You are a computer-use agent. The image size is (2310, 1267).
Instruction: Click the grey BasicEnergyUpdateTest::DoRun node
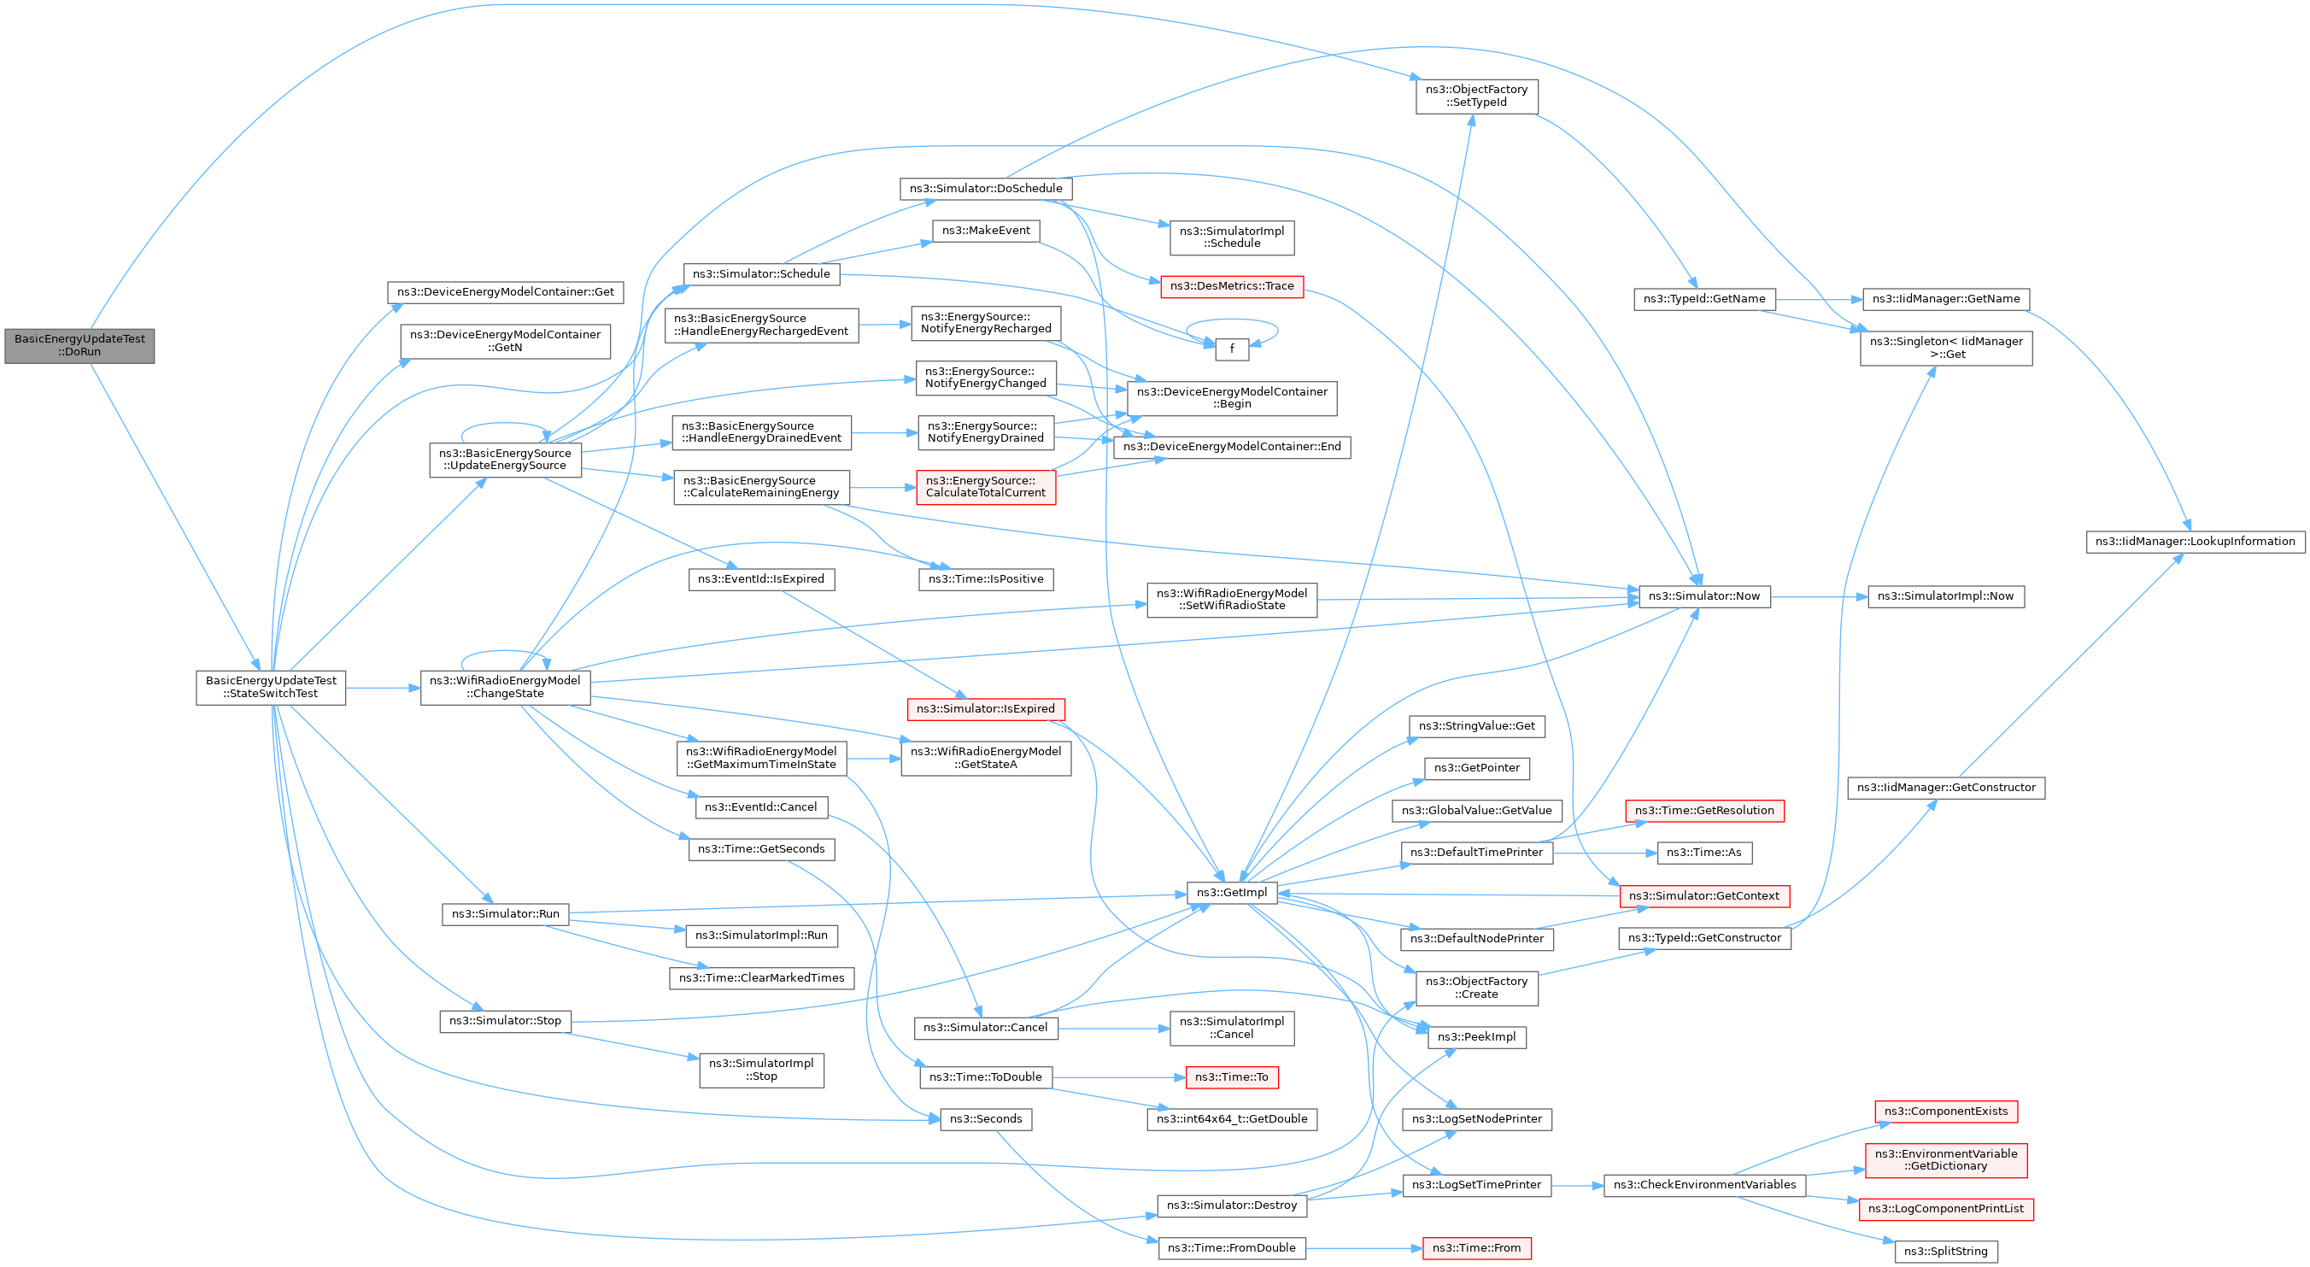coord(79,345)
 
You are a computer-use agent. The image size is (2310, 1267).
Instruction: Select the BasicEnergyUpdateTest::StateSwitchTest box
coord(271,688)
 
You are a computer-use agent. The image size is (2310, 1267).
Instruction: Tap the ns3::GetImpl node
coord(1231,892)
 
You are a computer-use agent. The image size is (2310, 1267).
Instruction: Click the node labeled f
coord(1231,349)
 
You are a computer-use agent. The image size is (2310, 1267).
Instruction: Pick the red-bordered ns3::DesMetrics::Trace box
coord(1231,286)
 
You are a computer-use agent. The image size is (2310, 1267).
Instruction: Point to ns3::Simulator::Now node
coord(1703,596)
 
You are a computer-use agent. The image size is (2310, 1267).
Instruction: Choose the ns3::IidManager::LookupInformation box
coord(2195,542)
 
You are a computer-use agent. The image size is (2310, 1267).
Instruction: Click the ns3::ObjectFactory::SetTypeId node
coord(1476,96)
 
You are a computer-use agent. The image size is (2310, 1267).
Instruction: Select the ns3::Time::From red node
coord(1476,1247)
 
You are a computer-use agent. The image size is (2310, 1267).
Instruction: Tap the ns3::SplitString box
coord(1945,1251)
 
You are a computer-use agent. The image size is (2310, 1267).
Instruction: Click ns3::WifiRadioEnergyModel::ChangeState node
coord(506,687)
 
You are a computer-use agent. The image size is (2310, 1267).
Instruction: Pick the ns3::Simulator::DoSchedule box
coord(986,188)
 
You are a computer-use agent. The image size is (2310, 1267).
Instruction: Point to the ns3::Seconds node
coord(986,1119)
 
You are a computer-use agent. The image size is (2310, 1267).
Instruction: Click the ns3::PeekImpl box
coord(1476,1036)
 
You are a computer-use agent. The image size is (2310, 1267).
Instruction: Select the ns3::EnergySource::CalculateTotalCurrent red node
coord(986,487)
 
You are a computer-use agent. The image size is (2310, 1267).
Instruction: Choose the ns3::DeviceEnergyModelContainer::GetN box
coord(504,341)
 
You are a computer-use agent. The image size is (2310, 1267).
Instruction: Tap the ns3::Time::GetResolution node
coord(1703,811)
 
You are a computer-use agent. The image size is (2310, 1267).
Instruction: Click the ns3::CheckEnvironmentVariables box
coord(1703,1184)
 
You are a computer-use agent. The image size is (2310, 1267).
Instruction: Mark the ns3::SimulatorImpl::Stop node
coord(760,1070)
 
